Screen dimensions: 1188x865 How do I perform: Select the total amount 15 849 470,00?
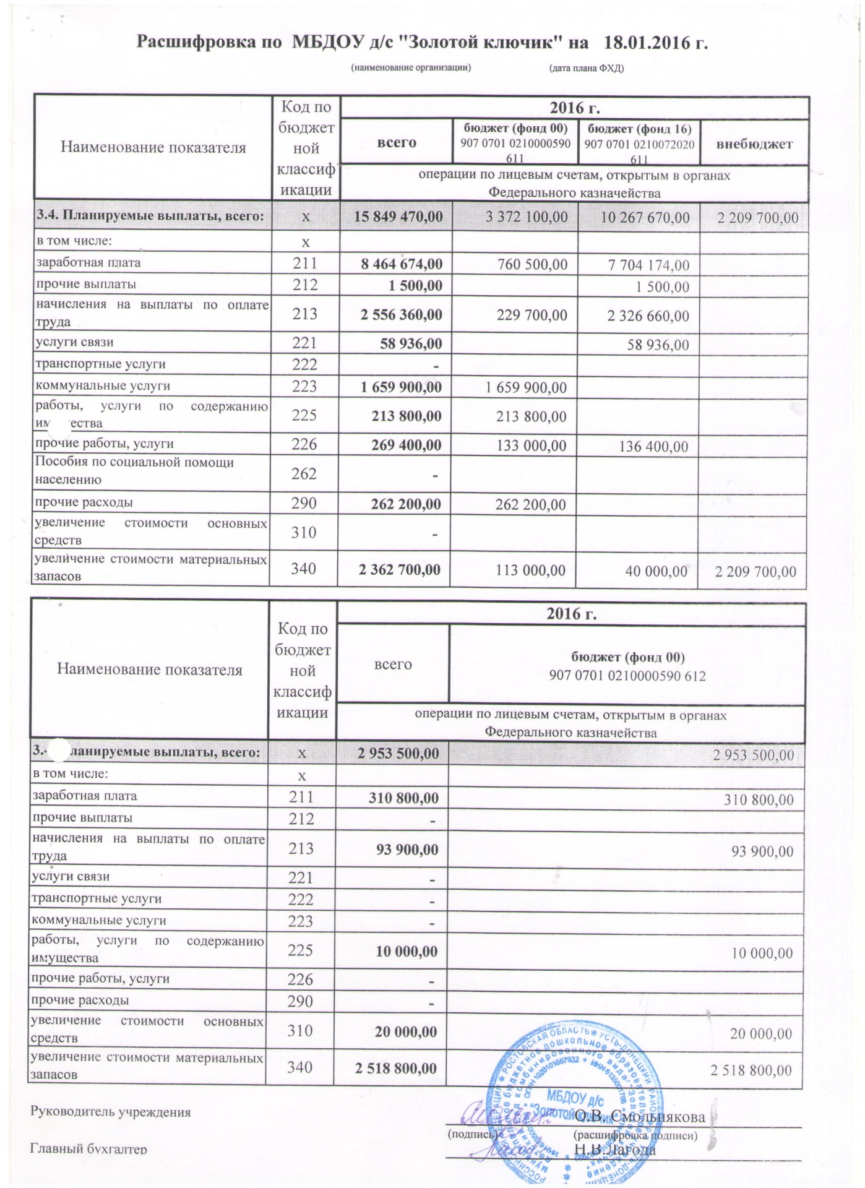pyautogui.click(x=398, y=217)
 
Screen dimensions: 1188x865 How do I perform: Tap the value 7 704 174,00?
pyautogui.click(x=648, y=265)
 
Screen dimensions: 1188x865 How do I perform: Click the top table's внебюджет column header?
pyautogui.click(x=754, y=144)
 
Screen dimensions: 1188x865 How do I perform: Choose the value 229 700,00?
pyautogui.click(x=531, y=315)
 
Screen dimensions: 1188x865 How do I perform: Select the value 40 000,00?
pyautogui.click(x=657, y=571)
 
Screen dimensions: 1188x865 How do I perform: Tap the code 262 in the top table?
pyautogui.click(x=304, y=474)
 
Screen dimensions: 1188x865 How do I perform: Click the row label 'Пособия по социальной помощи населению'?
pyautogui.click(x=134, y=471)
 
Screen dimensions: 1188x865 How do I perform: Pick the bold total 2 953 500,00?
pyautogui.click(x=398, y=754)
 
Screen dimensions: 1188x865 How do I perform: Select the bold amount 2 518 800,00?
pyautogui.click(x=397, y=1068)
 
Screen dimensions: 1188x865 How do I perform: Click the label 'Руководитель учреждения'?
pyautogui.click(x=111, y=1112)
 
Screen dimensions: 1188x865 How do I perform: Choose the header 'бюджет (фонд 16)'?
pyautogui.click(x=639, y=129)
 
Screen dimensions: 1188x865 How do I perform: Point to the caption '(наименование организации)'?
pyautogui.click(x=411, y=67)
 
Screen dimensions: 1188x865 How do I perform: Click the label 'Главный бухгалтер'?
pyautogui.click(x=89, y=1149)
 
